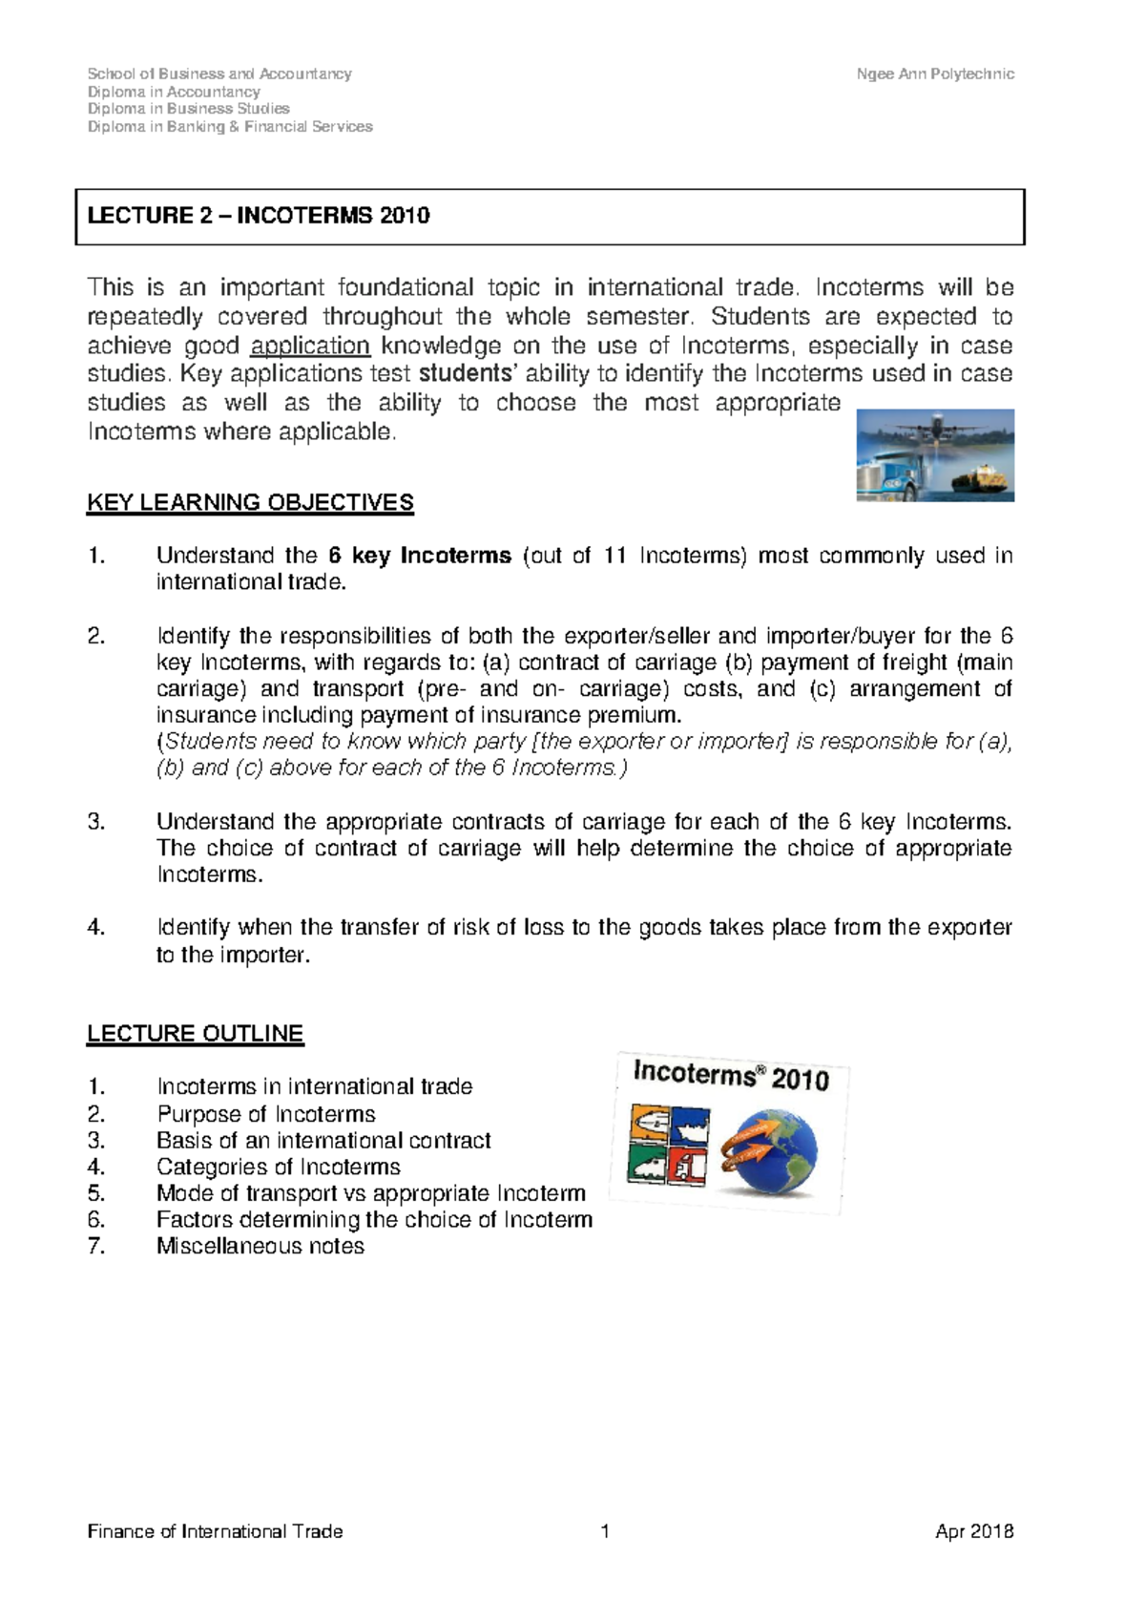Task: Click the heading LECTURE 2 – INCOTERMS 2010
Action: pyautogui.click(x=259, y=216)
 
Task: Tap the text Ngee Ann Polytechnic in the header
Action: pyautogui.click(x=934, y=74)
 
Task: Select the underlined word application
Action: pyautogui.click(x=310, y=346)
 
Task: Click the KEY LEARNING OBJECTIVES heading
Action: pyautogui.click(x=250, y=503)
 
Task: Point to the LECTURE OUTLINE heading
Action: pyautogui.click(x=195, y=1034)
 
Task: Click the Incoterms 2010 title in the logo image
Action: pyautogui.click(x=731, y=1076)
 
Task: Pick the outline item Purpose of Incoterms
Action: pyautogui.click(x=266, y=1114)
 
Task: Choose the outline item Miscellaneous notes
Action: pyautogui.click(x=260, y=1246)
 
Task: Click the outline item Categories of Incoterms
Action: pyautogui.click(x=279, y=1167)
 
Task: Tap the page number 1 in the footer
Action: pyautogui.click(x=605, y=1532)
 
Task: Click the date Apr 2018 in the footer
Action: pyautogui.click(x=973, y=1532)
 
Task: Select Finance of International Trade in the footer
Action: pyautogui.click(x=215, y=1532)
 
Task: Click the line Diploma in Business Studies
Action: pyautogui.click(x=188, y=109)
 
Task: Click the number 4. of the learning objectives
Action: pyautogui.click(x=95, y=927)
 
